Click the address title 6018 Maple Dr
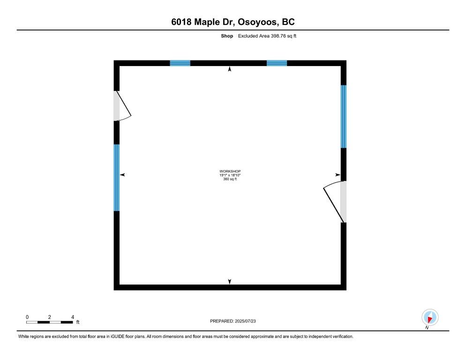(x=233, y=22)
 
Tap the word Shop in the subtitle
(x=227, y=36)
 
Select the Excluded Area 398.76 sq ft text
(x=267, y=36)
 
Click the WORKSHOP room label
(x=230, y=171)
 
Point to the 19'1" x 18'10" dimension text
(x=230, y=175)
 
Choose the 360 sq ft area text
(x=230, y=179)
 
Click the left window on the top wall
(x=180, y=63)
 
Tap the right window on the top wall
(x=277, y=63)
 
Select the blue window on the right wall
(x=343, y=116)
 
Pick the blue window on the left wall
(x=117, y=178)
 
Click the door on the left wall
(x=121, y=106)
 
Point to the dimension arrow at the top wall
(x=230, y=69)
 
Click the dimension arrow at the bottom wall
(x=230, y=281)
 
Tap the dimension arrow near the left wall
(x=123, y=175)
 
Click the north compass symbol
(x=429, y=318)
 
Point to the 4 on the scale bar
(x=73, y=317)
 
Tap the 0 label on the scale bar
(x=27, y=317)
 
